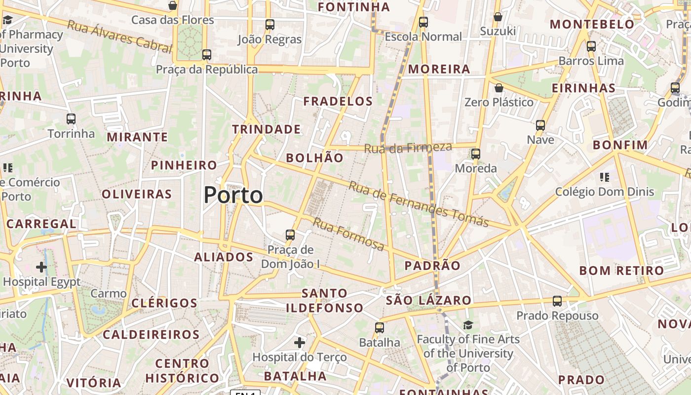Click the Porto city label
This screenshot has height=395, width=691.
point(233,196)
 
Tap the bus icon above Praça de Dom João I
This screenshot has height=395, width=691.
point(290,235)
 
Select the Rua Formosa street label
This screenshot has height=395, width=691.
point(348,234)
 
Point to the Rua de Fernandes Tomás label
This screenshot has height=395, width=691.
point(419,204)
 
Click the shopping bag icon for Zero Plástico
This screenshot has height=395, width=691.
point(499,88)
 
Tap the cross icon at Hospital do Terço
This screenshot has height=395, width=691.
point(300,342)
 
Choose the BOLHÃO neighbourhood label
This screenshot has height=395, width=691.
point(314,158)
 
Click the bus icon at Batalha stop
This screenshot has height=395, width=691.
point(379,327)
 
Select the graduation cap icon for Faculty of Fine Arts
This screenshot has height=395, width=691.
point(468,325)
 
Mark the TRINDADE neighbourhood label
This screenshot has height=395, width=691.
point(267,129)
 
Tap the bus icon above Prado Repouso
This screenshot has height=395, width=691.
point(557,301)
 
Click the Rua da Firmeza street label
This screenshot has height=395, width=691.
point(408,147)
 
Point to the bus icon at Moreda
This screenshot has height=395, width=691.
point(476,154)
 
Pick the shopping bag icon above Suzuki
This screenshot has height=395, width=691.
point(498,17)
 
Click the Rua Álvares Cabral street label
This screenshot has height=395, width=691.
point(119,37)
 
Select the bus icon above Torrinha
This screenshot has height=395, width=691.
point(71,119)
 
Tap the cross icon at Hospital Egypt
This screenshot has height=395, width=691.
point(41,267)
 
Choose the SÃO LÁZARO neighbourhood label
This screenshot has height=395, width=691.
point(428,300)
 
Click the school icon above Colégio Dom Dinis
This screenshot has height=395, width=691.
point(605,177)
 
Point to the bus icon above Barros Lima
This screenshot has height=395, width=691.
point(591,46)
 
